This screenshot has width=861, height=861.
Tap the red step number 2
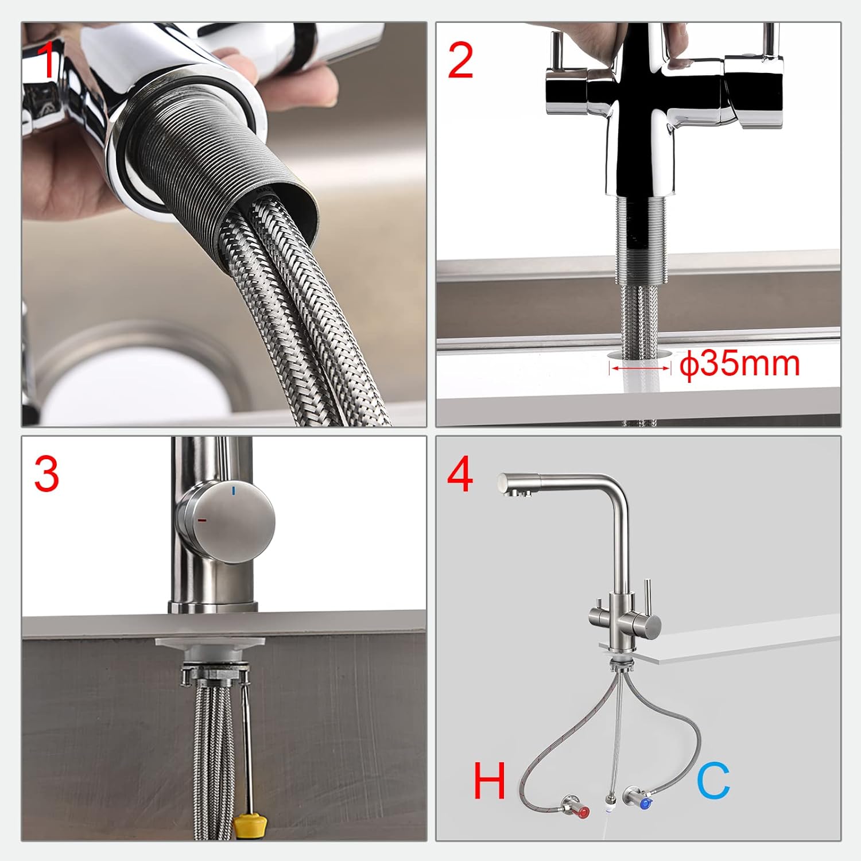click(x=460, y=61)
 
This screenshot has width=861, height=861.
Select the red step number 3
click(x=46, y=474)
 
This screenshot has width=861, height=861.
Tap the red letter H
click(x=489, y=781)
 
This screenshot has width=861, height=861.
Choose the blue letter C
click(x=713, y=781)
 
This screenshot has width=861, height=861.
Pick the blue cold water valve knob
click(x=646, y=803)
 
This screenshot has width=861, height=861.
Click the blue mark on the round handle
click(x=234, y=491)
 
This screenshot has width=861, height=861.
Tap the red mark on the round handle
click(x=202, y=520)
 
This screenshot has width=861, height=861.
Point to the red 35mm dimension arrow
click(x=640, y=368)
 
